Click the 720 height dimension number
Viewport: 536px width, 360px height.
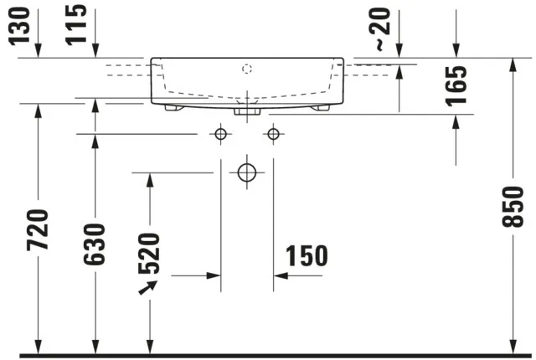point(38,230)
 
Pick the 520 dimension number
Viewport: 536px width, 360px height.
point(149,254)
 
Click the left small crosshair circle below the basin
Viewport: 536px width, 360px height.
point(221,134)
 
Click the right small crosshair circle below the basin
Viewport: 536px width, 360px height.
point(272,134)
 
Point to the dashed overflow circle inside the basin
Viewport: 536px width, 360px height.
point(247,67)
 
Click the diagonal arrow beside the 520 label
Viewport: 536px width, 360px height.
point(149,287)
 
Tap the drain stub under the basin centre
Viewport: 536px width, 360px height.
point(247,110)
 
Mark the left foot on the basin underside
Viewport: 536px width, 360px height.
point(173,107)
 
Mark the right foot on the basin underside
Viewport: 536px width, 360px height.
point(321,107)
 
